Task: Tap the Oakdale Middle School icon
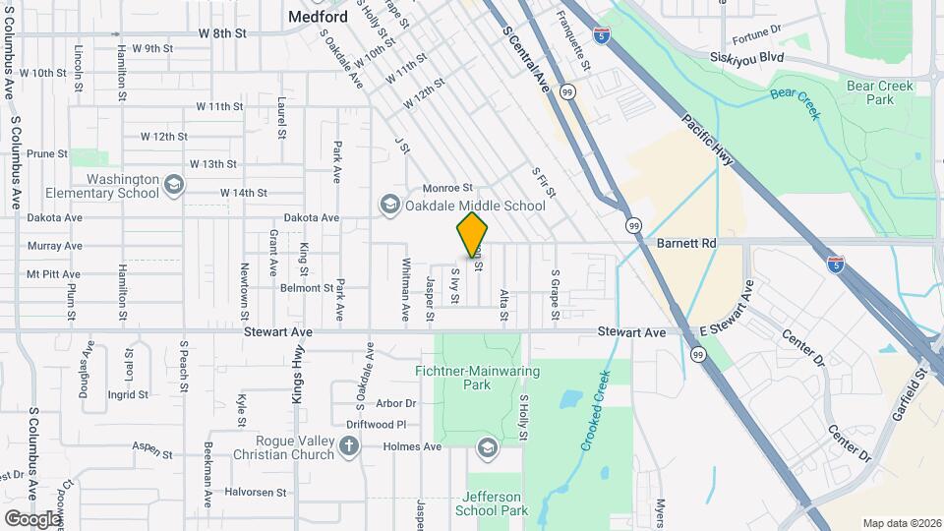point(389,205)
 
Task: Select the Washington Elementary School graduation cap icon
point(173,185)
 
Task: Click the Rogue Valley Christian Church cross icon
point(348,446)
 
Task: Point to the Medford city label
point(317,16)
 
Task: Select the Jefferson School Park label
point(492,503)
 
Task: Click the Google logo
point(32,518)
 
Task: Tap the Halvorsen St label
point(255,492)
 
